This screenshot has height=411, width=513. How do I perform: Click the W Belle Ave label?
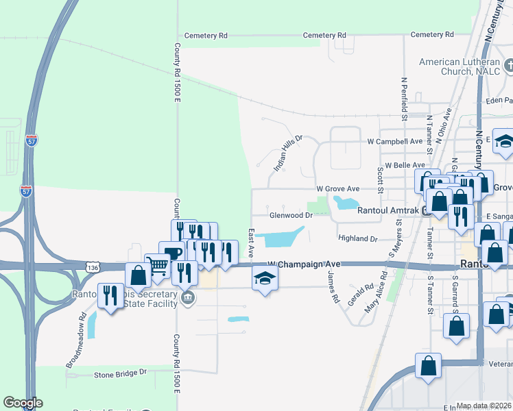point(405,165)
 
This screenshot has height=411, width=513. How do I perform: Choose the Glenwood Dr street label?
point(291,214)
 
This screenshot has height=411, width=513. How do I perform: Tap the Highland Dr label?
point(357,238)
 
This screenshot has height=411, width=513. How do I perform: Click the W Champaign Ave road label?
point(304,263)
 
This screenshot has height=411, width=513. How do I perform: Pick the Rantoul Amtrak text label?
point(388,210)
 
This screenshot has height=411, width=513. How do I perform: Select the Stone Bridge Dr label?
point(121,373)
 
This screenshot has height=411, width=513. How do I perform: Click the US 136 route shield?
point(94,265)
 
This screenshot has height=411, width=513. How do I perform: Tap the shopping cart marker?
point(158,264)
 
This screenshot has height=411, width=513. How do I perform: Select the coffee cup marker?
point(171,252)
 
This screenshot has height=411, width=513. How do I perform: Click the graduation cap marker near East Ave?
point(264,279)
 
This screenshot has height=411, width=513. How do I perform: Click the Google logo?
point(23,403)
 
